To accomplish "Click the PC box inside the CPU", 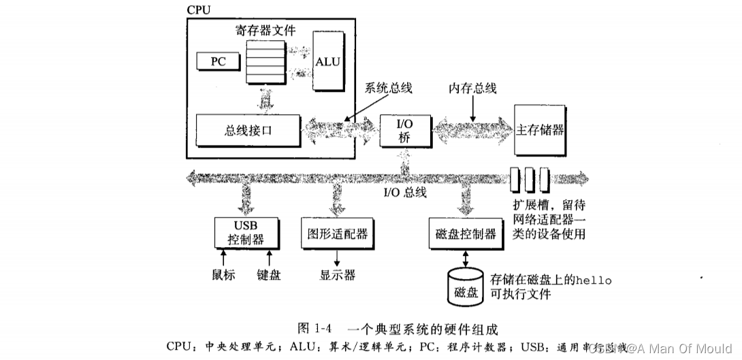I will pyautogui.click(x=218, y=61).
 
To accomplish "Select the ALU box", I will pyautogui.click(x=327, y=61).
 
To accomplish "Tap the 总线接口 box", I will pyautogui.click(x=248, y=129).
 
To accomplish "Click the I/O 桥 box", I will pyautogui.click(x=404, y=129).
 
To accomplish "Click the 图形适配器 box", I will pyautogui.click(x=334, y=233).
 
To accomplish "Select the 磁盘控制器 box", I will pyautogui.click(x=466, y=233).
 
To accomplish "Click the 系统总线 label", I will pyautogui.click(x=388, y=88).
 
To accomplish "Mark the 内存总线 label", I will pyautogui.click(x=472, y=88).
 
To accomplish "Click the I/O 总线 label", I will pyautogui.click(x=404, y=192).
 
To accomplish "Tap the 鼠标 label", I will pyautogui.click(x=223, y=275).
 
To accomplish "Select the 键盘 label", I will pyautogui.click(x=269, y=275).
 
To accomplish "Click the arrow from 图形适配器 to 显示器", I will pyautogui.click(x=337, y=258).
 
